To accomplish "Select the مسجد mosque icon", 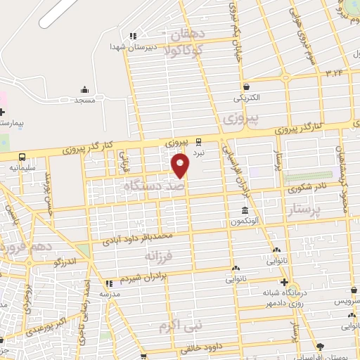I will [x=84, y=90].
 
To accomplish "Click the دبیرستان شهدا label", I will [x=127, y=46].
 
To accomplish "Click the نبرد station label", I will [x=199, y=152].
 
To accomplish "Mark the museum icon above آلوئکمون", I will [x=245, y=211].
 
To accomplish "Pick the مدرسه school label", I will [x=109, y=294].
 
